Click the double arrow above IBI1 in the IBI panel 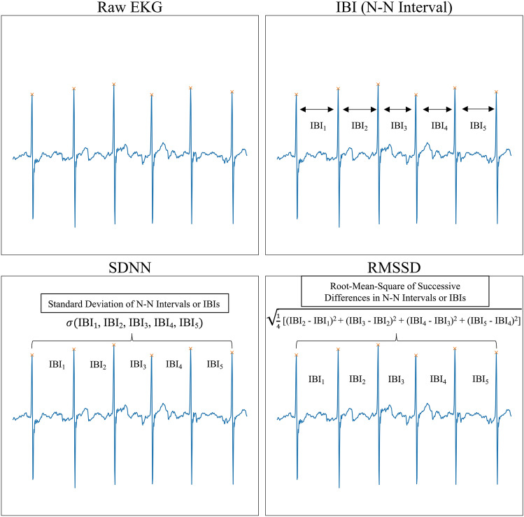click(x=317, y=109)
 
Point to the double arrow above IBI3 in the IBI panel click(x=397, y=109)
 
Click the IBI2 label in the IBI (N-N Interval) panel click(x=359, y=126)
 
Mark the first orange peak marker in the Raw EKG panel click(x=31, y=94)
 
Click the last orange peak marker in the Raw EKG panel click(x=232, y=92)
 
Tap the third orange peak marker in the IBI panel click(x=378, y=85)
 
